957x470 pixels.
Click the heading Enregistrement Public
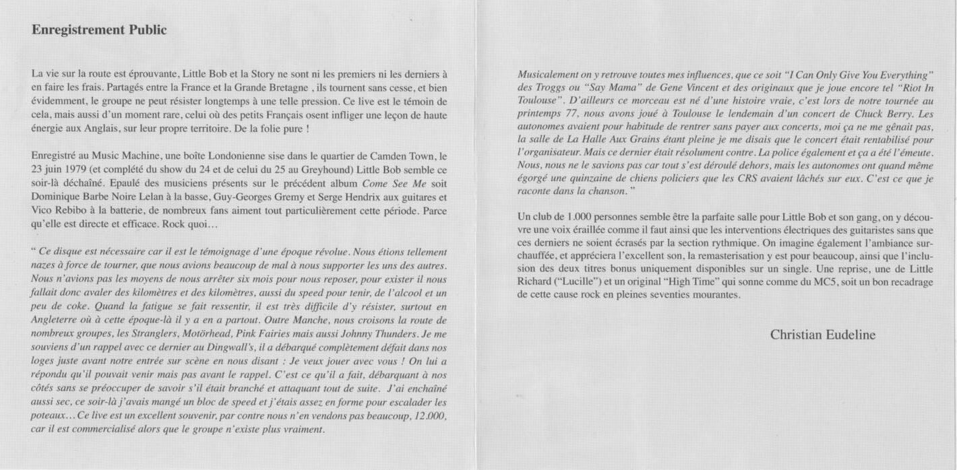99,30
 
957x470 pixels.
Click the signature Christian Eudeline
823,335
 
